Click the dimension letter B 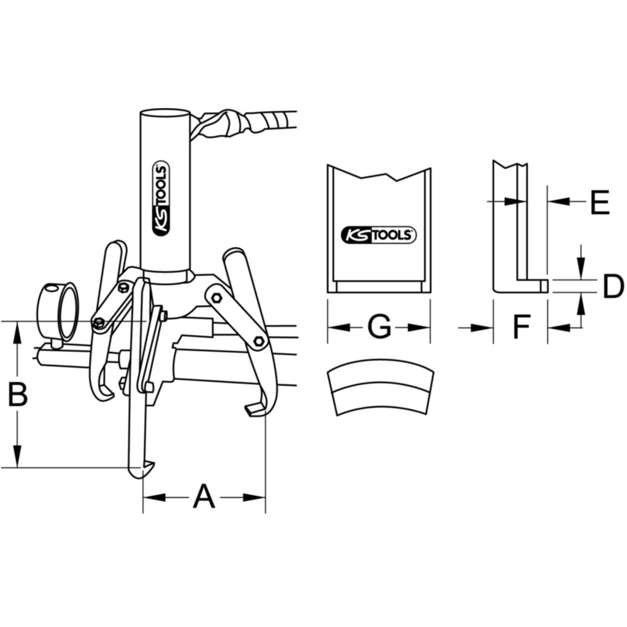pos(18,394)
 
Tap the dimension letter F pos(521,326)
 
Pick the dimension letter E pos(600,202)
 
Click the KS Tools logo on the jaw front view pos(379,235)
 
